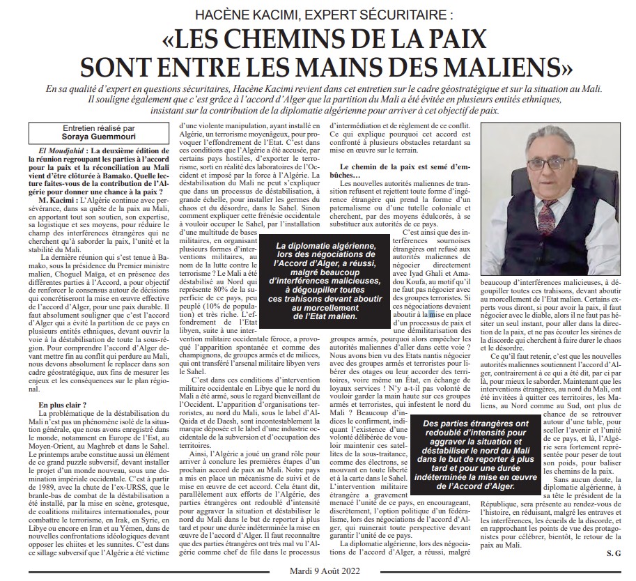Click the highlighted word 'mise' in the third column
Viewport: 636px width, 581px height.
point(436,295)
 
